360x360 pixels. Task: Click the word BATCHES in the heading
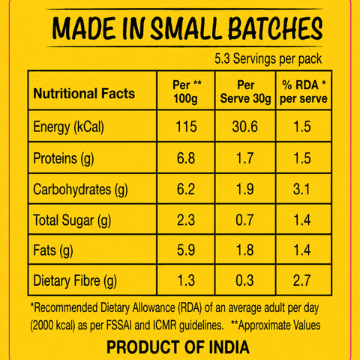[x=275, y=28]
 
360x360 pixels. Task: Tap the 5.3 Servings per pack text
[x=268, y=59]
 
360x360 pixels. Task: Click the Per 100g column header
[x=186, y=91]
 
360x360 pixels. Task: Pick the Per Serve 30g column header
[x=245, y=91]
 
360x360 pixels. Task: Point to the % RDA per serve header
[x=304, y=91]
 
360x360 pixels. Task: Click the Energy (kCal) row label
[x=68, y=127]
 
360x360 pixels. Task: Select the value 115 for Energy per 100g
[x=186, y=127]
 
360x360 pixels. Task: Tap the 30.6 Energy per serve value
[x=244, y=127]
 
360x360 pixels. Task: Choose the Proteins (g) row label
[x=64, y=158]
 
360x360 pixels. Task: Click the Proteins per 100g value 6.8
[x=186, y=158]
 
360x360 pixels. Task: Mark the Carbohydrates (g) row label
[x=80, y=190]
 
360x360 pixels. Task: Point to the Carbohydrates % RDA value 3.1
[x=301, y=189]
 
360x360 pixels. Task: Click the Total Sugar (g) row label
[x=72, y=220]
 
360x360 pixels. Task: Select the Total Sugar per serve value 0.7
[x=244, y=220]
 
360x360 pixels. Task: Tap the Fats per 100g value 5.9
[x=186, y=250]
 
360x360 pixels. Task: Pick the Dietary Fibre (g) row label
[x=75, y=280]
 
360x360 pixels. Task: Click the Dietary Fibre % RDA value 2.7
[x=301, y=280]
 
